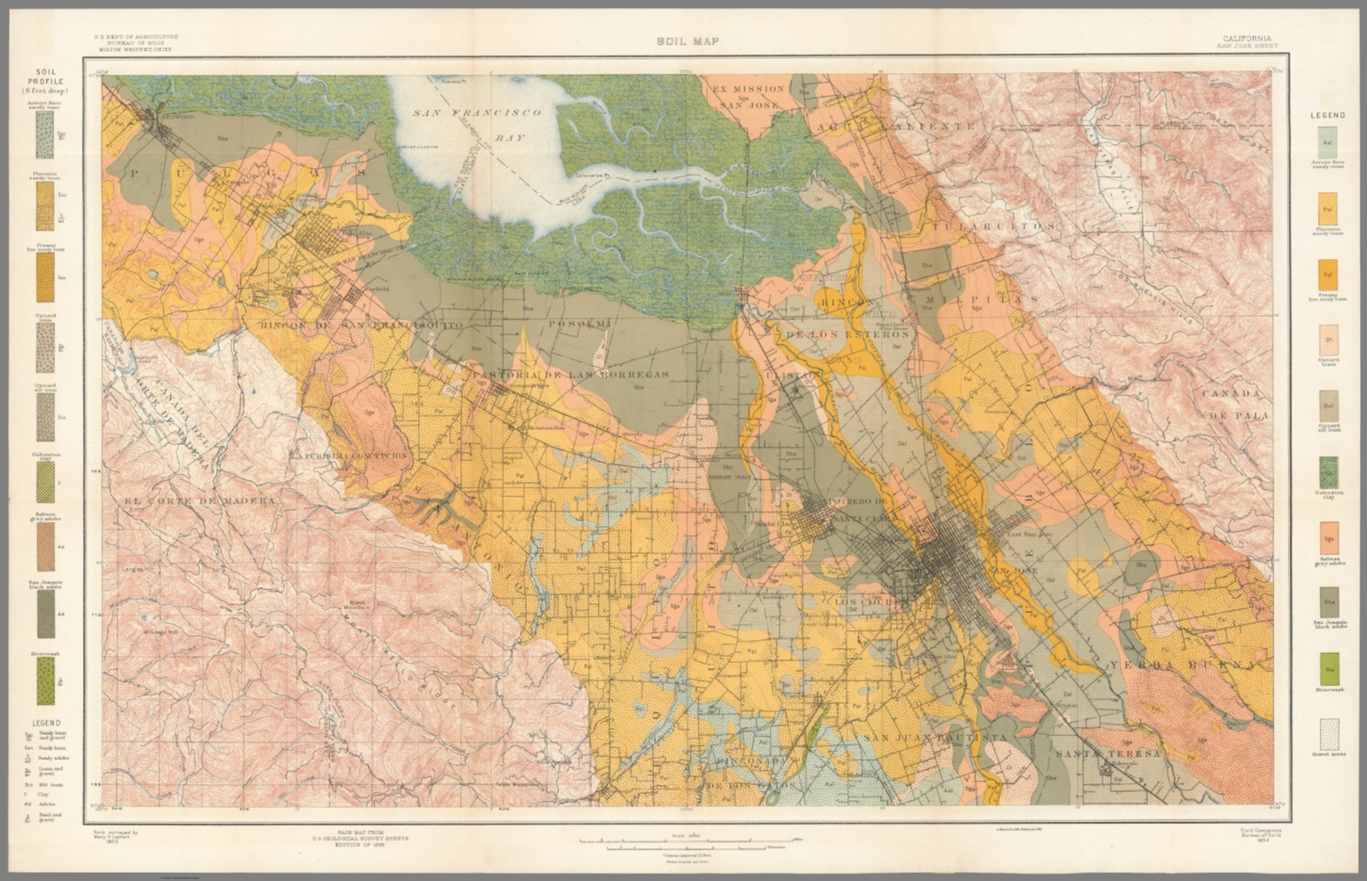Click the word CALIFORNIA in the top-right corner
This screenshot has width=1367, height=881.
click(x=1247, y=39)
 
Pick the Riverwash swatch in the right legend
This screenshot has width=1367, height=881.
click(x=1328, y=670)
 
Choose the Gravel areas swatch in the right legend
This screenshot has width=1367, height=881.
click(x=1330, y=735)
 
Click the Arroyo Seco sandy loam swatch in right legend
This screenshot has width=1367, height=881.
click(x=1328, y=143)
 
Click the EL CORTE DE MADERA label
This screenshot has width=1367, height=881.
click(x=199, y=502)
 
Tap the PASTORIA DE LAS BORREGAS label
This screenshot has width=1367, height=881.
click(x=570, y=375)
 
